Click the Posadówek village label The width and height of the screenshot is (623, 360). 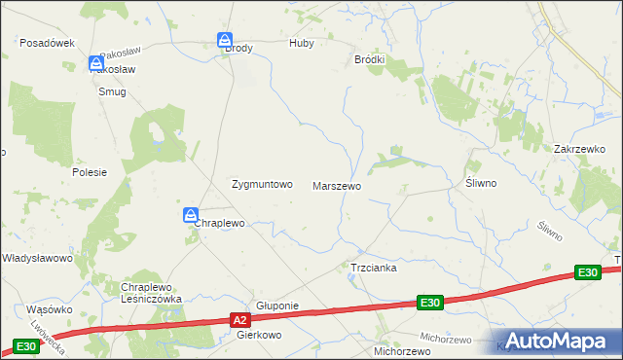48,44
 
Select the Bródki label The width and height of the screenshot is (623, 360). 369,59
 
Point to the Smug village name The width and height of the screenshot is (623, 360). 112,91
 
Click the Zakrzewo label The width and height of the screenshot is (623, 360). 580,149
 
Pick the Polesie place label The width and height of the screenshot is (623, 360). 89,171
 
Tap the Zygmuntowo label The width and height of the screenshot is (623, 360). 261,184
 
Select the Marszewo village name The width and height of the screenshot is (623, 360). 337,185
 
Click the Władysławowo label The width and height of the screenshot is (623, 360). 38,258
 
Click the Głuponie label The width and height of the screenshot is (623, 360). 276,306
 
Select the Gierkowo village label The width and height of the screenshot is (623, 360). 259,335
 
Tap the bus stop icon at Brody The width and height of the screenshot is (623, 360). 225,40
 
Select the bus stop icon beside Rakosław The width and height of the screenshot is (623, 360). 96,62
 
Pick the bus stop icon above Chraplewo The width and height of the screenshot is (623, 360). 192,215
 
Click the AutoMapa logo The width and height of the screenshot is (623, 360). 556,342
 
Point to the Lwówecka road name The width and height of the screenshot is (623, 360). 47,335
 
